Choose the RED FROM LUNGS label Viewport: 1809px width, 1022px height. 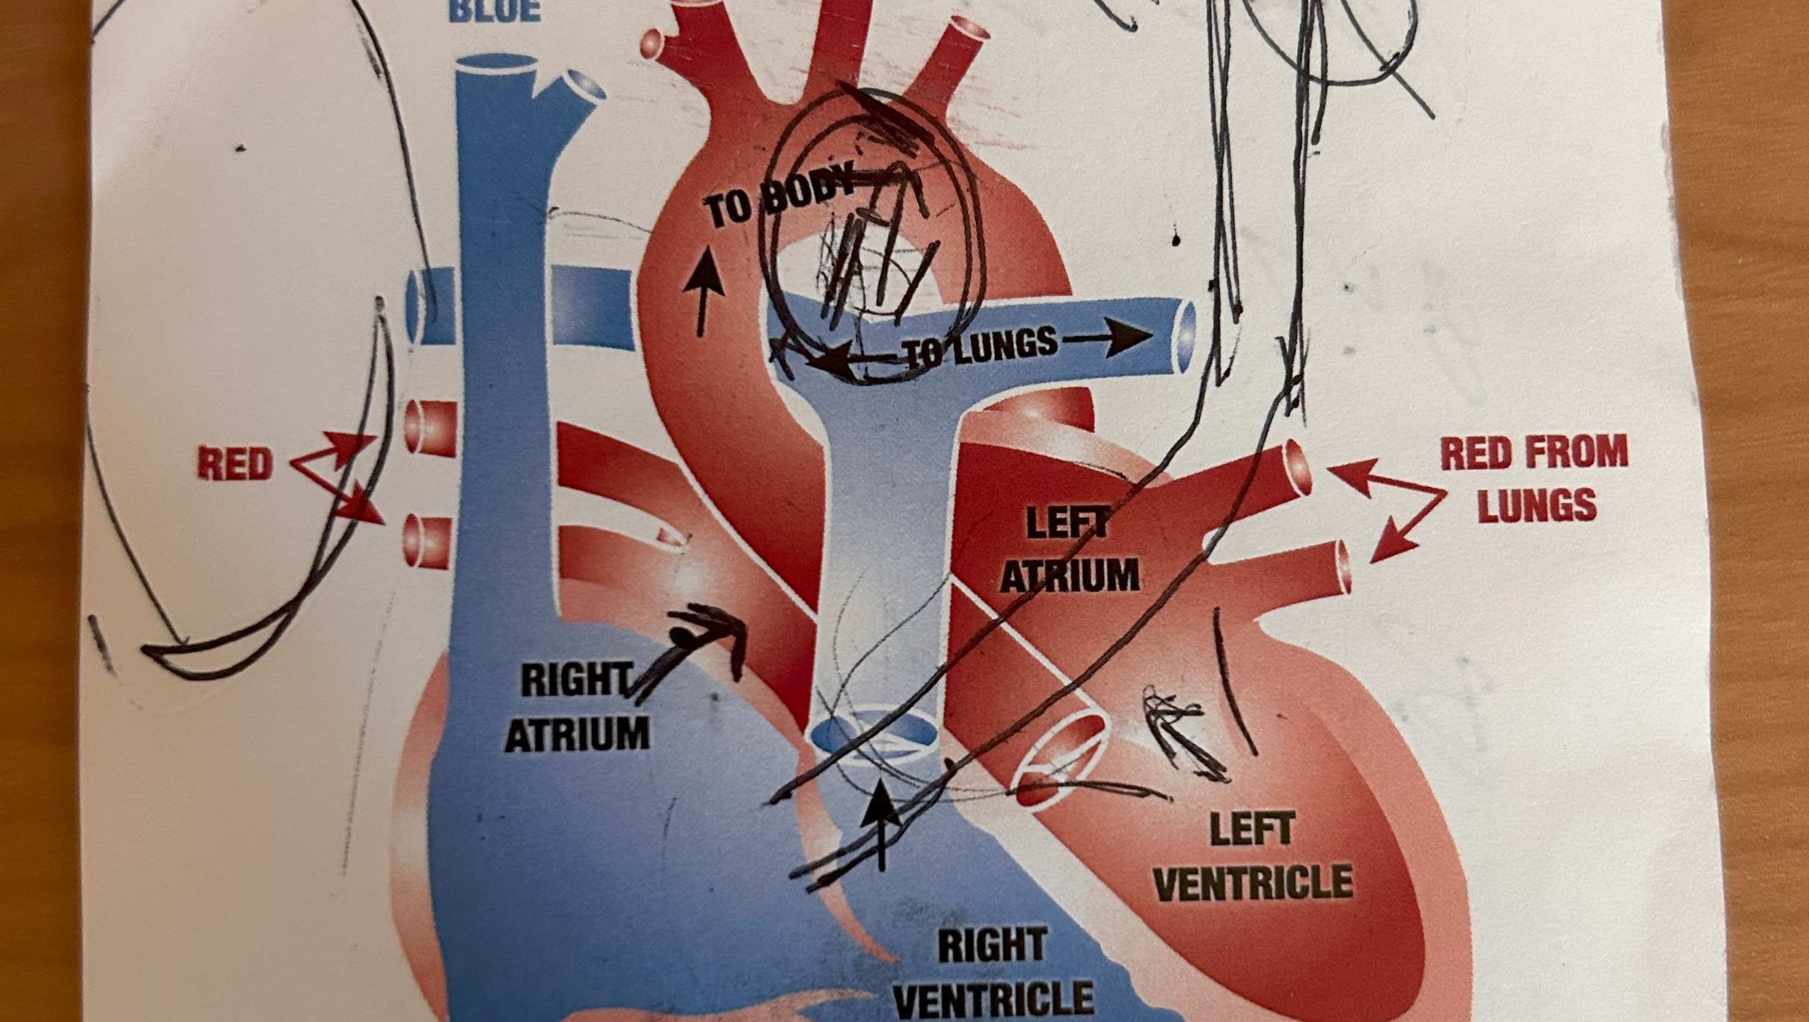coord(1535,477)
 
